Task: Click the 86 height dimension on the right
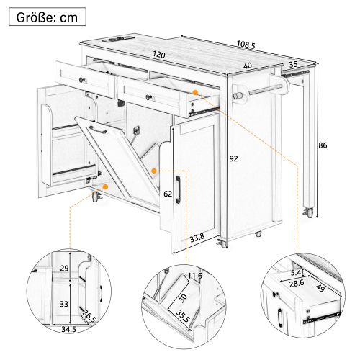pos(323,146)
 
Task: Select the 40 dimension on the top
pos(248,66)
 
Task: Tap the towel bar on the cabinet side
pos(262,91)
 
